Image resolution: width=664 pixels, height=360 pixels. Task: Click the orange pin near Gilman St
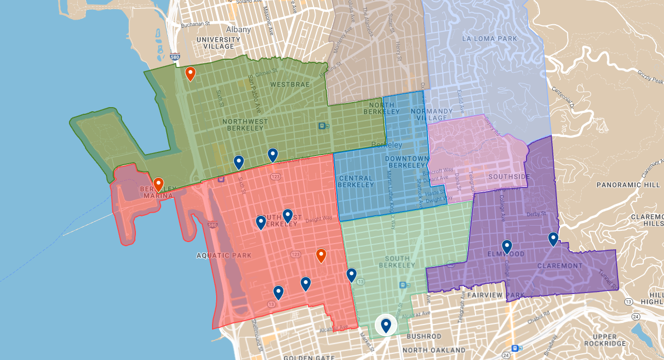190,74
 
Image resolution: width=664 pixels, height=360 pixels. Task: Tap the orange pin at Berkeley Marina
159,184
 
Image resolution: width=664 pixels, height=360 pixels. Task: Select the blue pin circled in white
386,325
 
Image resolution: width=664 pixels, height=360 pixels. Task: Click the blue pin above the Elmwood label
507,247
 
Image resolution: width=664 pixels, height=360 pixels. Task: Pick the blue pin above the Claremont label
553,239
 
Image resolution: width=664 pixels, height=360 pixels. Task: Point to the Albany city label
238,29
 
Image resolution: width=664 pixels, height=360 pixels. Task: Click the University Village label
218,43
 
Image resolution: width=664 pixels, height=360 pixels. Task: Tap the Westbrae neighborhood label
283,84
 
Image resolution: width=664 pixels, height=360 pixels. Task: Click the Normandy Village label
432,114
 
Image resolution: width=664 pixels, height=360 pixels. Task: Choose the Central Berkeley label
356,181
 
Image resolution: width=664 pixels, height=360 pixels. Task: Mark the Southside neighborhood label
509,177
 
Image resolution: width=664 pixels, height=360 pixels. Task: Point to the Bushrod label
424,336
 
